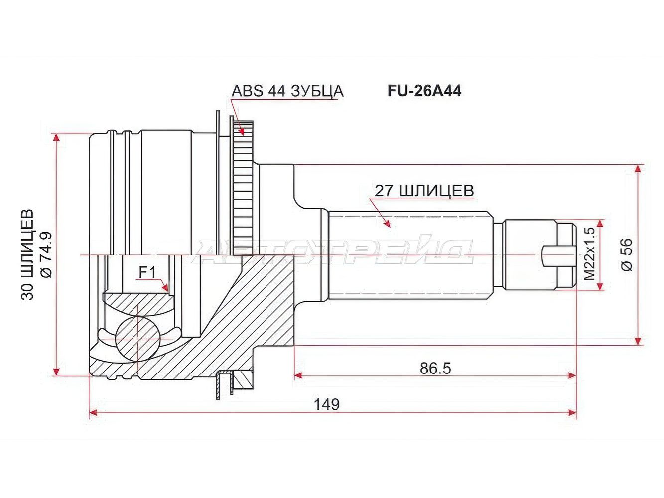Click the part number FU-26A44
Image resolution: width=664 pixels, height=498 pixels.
tap(424, 91)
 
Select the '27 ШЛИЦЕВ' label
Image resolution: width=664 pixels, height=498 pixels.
tap(424, 191)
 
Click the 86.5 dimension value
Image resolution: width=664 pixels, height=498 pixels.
tap(435, 369)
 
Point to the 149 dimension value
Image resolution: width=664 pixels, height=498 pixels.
tap(327, 405)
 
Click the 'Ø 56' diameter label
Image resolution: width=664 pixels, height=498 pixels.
tap(626, 254)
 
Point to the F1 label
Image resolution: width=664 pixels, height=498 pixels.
tap(147, 273)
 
